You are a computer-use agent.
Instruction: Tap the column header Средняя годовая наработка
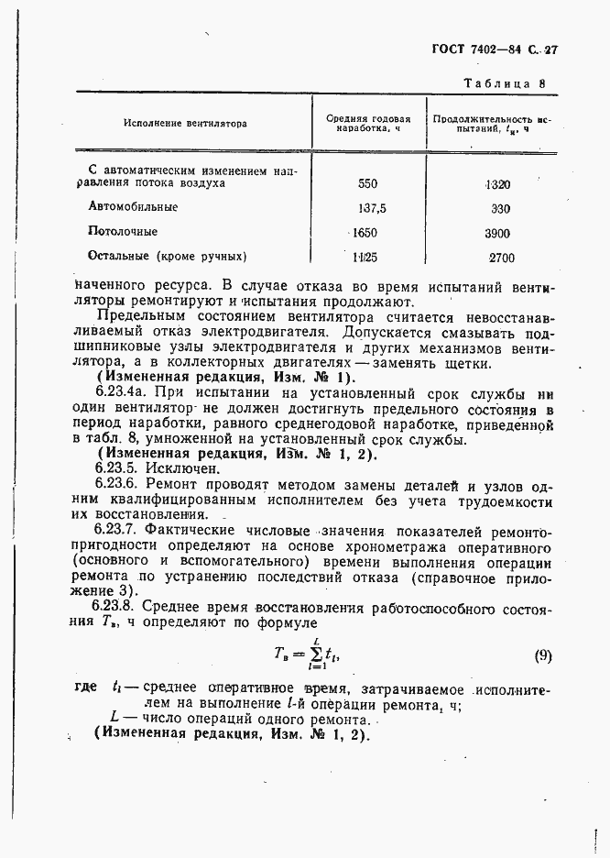[x=367, y=123]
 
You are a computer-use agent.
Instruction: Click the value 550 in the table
[x=367, y=183]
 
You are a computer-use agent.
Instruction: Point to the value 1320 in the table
[x=498, y=183]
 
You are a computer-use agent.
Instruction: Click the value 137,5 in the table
[x=372, y=208]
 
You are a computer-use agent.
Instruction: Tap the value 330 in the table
[x=500, y=208]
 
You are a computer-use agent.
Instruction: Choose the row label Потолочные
[x=123, y=232]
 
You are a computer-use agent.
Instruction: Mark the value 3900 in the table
[x=498, y=233]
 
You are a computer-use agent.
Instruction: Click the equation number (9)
[x=543, y=654]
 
